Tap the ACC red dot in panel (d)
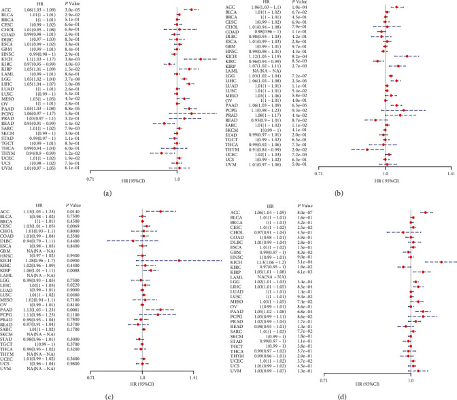click(424, 213)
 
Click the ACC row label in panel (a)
click(9, 10)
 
